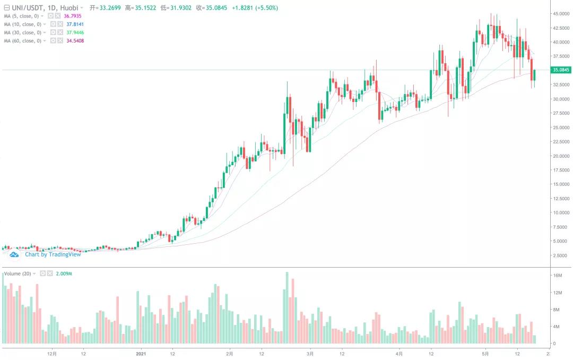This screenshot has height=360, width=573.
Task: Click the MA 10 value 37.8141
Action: [x=75, y=24]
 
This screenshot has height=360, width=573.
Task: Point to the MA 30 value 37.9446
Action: [x=75, y=32]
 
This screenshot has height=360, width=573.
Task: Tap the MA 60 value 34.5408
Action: [x=75, y=41]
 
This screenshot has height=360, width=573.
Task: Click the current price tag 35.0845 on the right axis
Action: [x=561, y=70]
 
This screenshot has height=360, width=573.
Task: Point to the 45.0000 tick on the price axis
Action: [x=561, y=13]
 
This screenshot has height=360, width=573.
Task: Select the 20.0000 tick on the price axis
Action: [x=561, y=156]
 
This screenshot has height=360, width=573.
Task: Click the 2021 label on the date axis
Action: [x=141, y=353]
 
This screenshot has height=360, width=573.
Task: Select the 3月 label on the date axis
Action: [x=310, y=353]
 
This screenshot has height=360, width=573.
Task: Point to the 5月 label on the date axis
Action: [x=485, y=353]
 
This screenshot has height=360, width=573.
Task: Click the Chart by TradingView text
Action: [x=53, y=254]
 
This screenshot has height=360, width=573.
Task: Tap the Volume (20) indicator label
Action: [x=18, y=273]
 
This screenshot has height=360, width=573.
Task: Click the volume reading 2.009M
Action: [x=64, y=273]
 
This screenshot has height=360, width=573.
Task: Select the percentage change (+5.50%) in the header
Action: [x=266, y=8]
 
